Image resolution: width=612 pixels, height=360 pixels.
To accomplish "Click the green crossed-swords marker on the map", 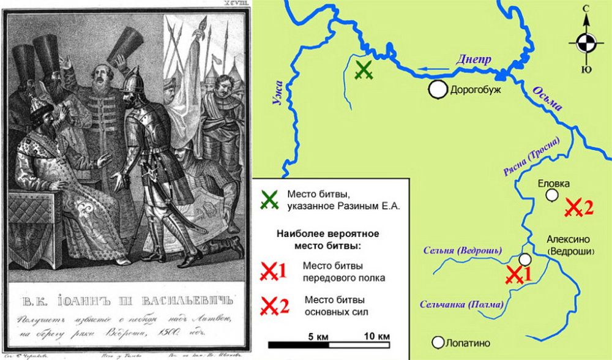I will pos(364,70).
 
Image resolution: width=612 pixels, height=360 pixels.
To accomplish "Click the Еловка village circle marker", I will pos(552,195).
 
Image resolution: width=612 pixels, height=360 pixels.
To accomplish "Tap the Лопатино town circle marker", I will pos(438,342).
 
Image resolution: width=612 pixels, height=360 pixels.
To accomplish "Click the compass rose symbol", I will pos(586,42).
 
